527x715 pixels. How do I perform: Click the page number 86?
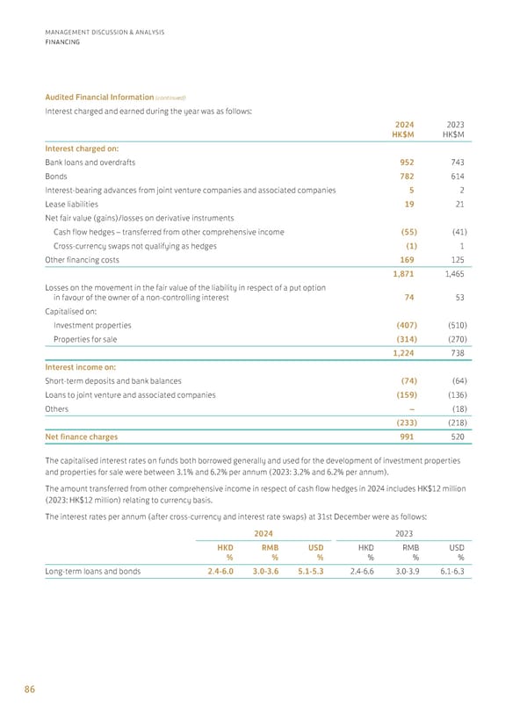tap(29, 690)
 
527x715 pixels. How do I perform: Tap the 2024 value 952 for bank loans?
tap(405, 162)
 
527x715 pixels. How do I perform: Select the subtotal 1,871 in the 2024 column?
tap(401, 275)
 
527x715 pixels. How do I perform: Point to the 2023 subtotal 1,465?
tap(451, 275)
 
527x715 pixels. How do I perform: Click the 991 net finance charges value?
tap(405, 436)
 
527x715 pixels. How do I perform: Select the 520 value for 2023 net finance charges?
tap(455, 436)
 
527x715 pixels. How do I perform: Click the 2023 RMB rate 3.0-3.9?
tap(411, 571)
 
